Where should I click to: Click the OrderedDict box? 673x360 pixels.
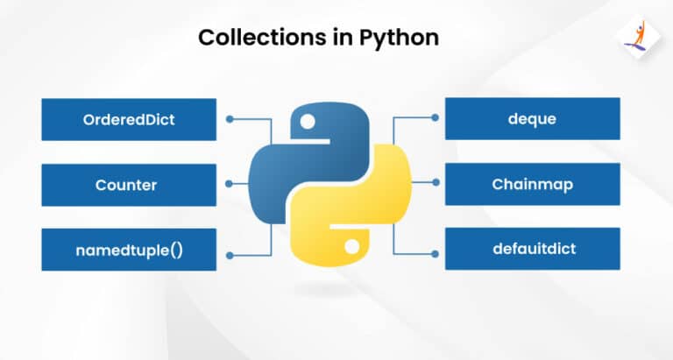(x=129, y=119)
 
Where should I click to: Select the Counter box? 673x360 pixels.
(x=129, y=185)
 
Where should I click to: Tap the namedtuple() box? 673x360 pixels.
(x=129, y=250)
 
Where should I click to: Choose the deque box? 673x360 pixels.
(x=532, y=118)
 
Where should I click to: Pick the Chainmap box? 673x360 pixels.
(x=532, y=184)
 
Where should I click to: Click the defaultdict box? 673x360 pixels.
(x=532, y=249)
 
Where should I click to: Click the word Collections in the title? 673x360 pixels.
(x=262, y=38)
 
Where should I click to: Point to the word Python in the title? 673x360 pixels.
(x=400, y=39)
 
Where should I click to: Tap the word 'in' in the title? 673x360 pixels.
(x=343, y=38)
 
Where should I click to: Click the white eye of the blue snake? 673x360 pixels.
(x=308, y=122)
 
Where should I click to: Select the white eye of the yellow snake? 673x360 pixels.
(x=352, y=247)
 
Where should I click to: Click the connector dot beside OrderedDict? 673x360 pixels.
(x=230, y=119)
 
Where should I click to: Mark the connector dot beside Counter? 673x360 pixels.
(x=229, y=184)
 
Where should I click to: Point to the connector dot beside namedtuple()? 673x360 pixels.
(x=230, y=255)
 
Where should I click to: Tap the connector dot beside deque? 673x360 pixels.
(x=435, y=117)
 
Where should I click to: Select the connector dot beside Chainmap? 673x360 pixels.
(x=436, y=182)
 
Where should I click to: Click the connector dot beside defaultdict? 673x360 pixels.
(x=435, y=254)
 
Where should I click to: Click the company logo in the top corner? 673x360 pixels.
(x=639, y=38)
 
